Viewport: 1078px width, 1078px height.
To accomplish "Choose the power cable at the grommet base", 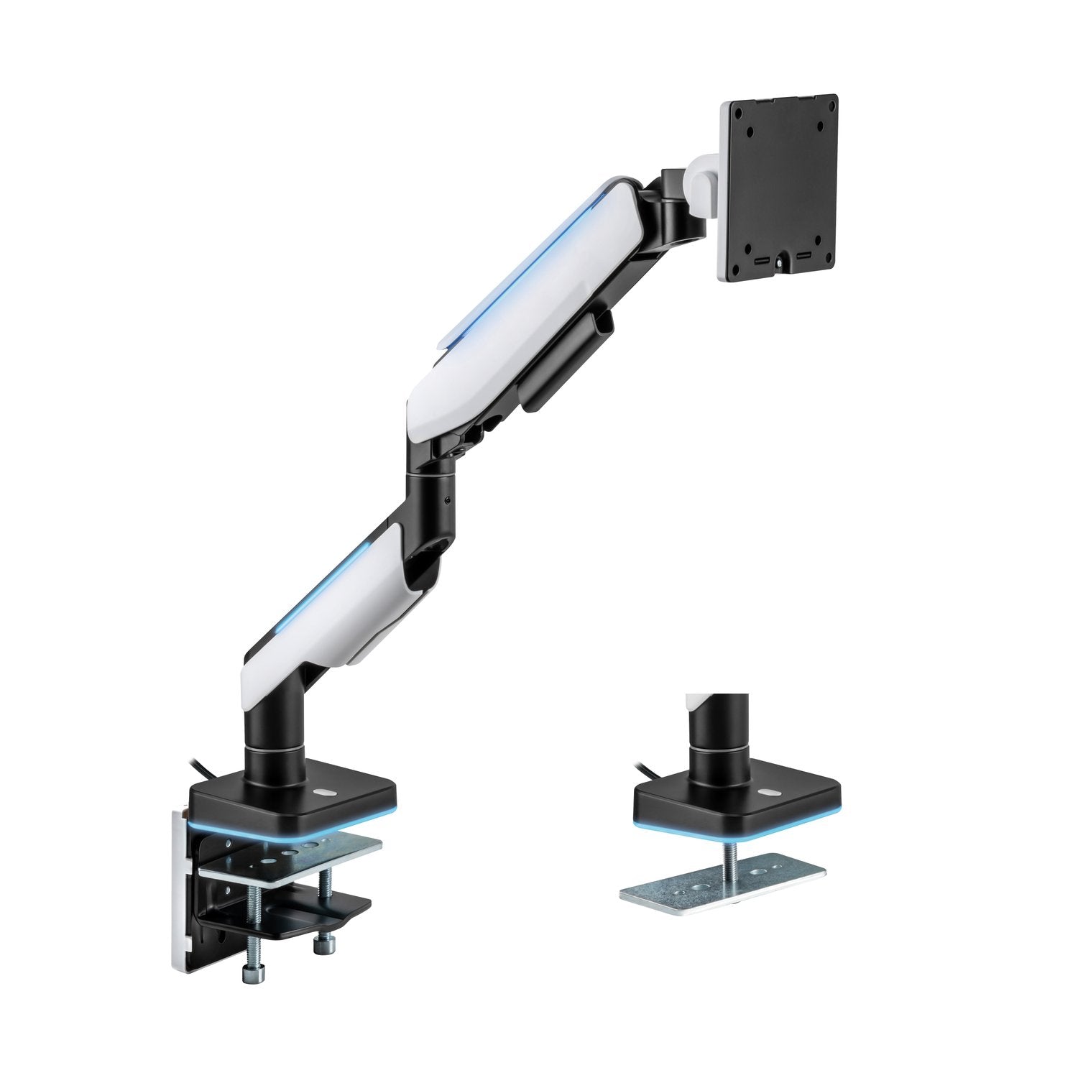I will pyautogui.click(x=651, y=773).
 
